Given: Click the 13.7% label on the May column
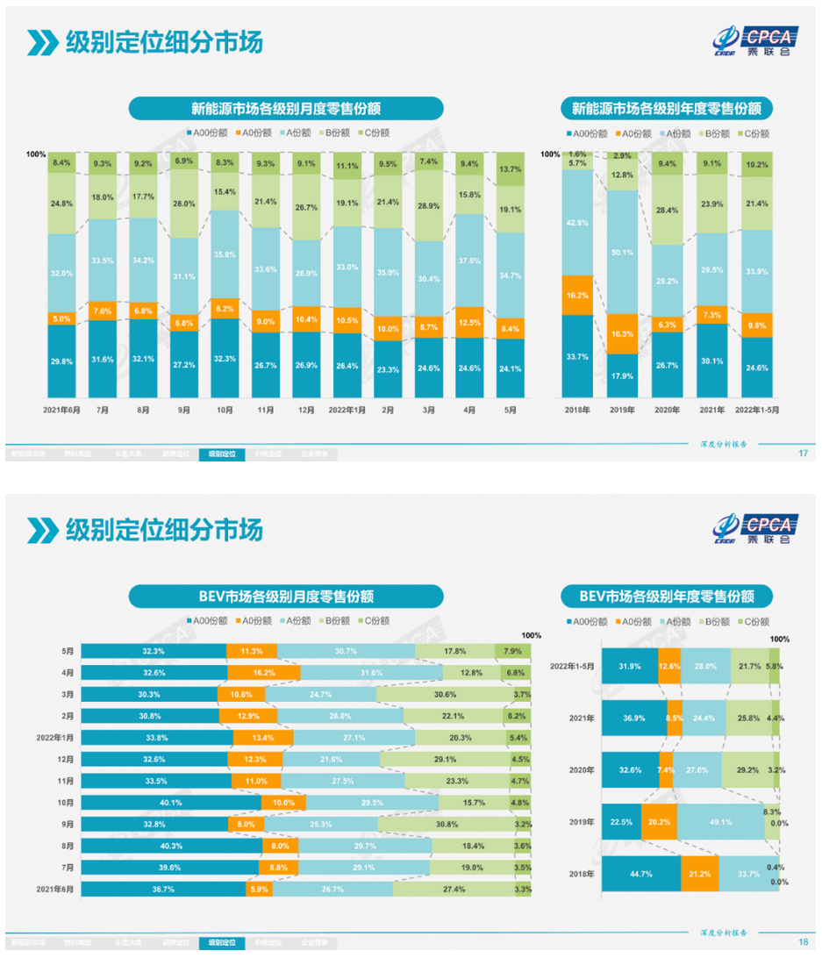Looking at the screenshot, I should point(510,169).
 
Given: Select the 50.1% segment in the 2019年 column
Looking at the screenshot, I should point(622,253).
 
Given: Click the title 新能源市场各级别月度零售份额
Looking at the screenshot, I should point(286,109).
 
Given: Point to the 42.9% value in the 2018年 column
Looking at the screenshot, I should point(577,224).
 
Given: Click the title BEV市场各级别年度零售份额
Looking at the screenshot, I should point(667,597).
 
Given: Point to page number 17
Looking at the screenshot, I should point(803,454).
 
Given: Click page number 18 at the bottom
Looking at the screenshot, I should point(803,942).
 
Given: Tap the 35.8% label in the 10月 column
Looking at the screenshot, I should point(225,254).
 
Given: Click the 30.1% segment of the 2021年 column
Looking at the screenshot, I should point(711,359).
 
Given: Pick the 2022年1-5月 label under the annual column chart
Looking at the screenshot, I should point(756,410).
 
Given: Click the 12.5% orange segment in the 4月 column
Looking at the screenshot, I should point(470,323).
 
